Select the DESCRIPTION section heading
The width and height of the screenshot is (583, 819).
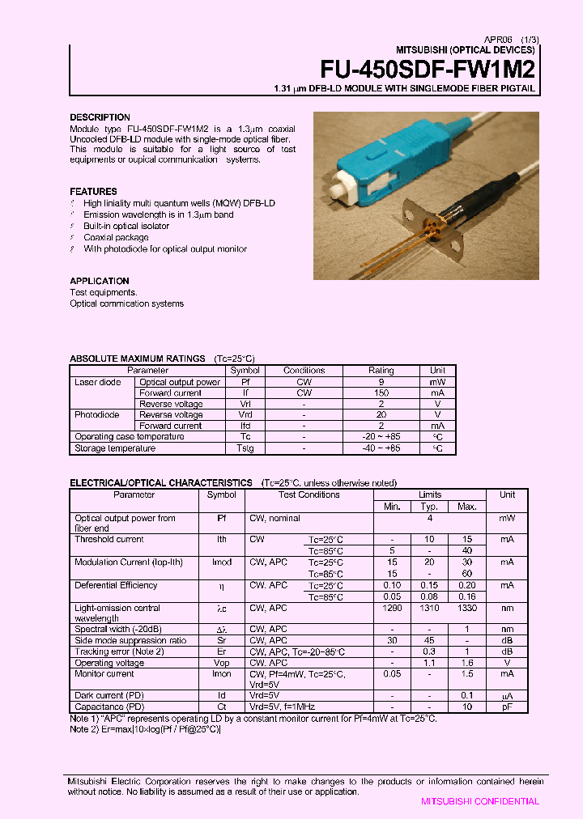click(100, 117)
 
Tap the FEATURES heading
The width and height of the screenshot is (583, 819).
click(93, 192)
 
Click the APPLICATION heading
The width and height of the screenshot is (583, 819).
click(100, 282)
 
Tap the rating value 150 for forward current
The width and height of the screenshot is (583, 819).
click(381, 393)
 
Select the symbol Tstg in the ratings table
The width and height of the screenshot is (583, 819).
click(245, 448)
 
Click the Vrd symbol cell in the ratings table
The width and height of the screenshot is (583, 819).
click(245, 415)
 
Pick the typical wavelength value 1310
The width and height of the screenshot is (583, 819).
click(429, 608)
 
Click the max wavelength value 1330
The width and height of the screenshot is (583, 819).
click(467, 608)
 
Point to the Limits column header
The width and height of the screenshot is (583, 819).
click(429, 494)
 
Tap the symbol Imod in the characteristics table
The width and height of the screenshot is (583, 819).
click(222, 562)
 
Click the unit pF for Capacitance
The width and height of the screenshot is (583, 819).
click(507, 707)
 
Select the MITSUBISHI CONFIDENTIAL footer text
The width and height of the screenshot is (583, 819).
click(479, 801)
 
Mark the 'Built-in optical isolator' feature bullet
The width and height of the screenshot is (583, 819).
click(126, 227)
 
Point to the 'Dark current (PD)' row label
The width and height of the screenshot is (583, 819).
click(110, 695)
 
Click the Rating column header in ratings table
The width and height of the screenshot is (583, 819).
click(381, 371)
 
